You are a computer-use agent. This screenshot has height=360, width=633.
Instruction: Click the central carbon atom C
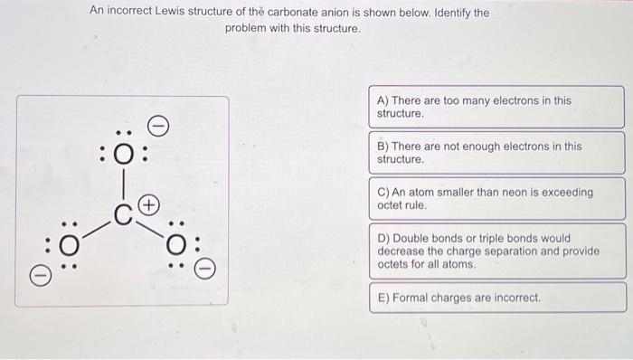coord(124,214)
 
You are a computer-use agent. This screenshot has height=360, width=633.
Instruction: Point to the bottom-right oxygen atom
coord(177,244)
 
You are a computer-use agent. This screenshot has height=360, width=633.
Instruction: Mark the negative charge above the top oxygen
coord(156,124)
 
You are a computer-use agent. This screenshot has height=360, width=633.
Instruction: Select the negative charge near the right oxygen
coord(206,268)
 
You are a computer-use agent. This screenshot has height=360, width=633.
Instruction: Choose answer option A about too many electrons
coord(496,108)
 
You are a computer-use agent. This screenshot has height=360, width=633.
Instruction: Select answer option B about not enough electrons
coord(496,152)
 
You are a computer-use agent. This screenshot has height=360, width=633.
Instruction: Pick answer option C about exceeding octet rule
coord(496,198)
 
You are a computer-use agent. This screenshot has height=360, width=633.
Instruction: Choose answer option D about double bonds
coord(496,251)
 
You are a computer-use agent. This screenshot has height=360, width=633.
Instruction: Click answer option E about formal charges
coord(496,298)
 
